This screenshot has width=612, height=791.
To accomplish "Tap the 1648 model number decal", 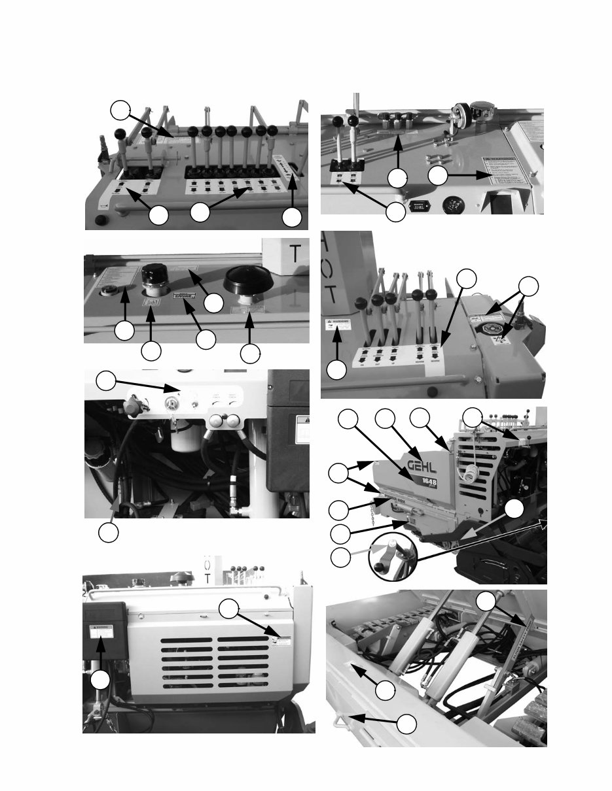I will (x=427, y=484).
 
